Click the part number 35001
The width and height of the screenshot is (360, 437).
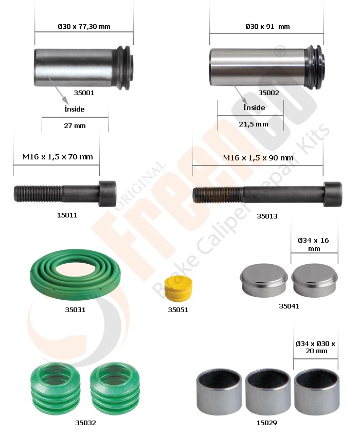click(x=84, y=93)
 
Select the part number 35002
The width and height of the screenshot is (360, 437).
click(x=268, y=93)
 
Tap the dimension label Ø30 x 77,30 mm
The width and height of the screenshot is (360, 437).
click(x=84, y=26)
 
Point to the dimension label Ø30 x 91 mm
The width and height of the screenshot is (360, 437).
click(x=267, y=26)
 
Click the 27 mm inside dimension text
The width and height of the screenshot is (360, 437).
click(x=75, y=125)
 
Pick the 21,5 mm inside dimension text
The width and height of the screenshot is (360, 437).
click(x=254, y=124)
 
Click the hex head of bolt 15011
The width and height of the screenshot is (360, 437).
click(x=107, y=193)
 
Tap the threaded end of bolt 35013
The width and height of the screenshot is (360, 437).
click(x=218, y=195)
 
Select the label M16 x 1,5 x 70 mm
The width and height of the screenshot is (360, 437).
click(x=58, y=157)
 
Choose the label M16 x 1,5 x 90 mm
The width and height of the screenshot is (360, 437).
click(x=258, y=158)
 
